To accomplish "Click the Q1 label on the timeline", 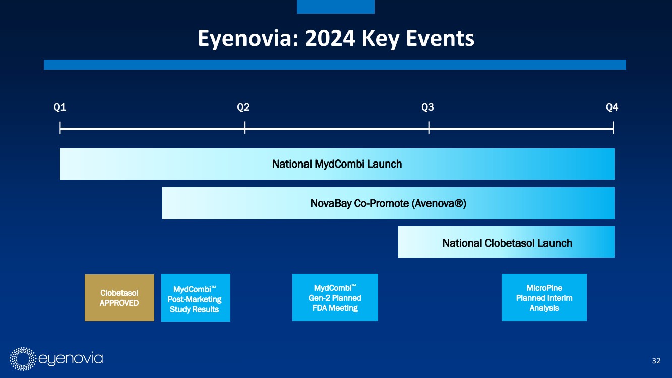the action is pos(59,107).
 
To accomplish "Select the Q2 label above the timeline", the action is pos(243,107).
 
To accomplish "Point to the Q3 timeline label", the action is pos(427,107).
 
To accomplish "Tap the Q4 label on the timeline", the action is pos(612,107).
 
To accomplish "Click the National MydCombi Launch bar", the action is pos(337,164).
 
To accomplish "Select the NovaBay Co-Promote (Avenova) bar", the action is pos(388,203).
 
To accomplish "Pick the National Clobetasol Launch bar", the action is pos(506,242).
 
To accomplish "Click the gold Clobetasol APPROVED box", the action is pos(119,298).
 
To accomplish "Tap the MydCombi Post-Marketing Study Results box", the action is pos(196,298).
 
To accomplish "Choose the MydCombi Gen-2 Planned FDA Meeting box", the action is pos(335,297).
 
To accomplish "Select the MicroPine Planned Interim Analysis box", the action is pos(544,297).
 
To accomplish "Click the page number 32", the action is pos(656,360).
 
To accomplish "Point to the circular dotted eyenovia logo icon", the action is pos(23,359).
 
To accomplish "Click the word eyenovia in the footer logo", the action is pos(71,359).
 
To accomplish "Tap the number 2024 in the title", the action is pos(330,38).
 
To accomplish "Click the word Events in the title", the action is pos(440,38).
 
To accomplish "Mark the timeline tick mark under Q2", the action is pos(245,127).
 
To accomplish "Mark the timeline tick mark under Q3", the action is pos(429,127).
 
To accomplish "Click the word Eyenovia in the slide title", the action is pos(248,39).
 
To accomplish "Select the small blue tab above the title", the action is pos(336,7).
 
